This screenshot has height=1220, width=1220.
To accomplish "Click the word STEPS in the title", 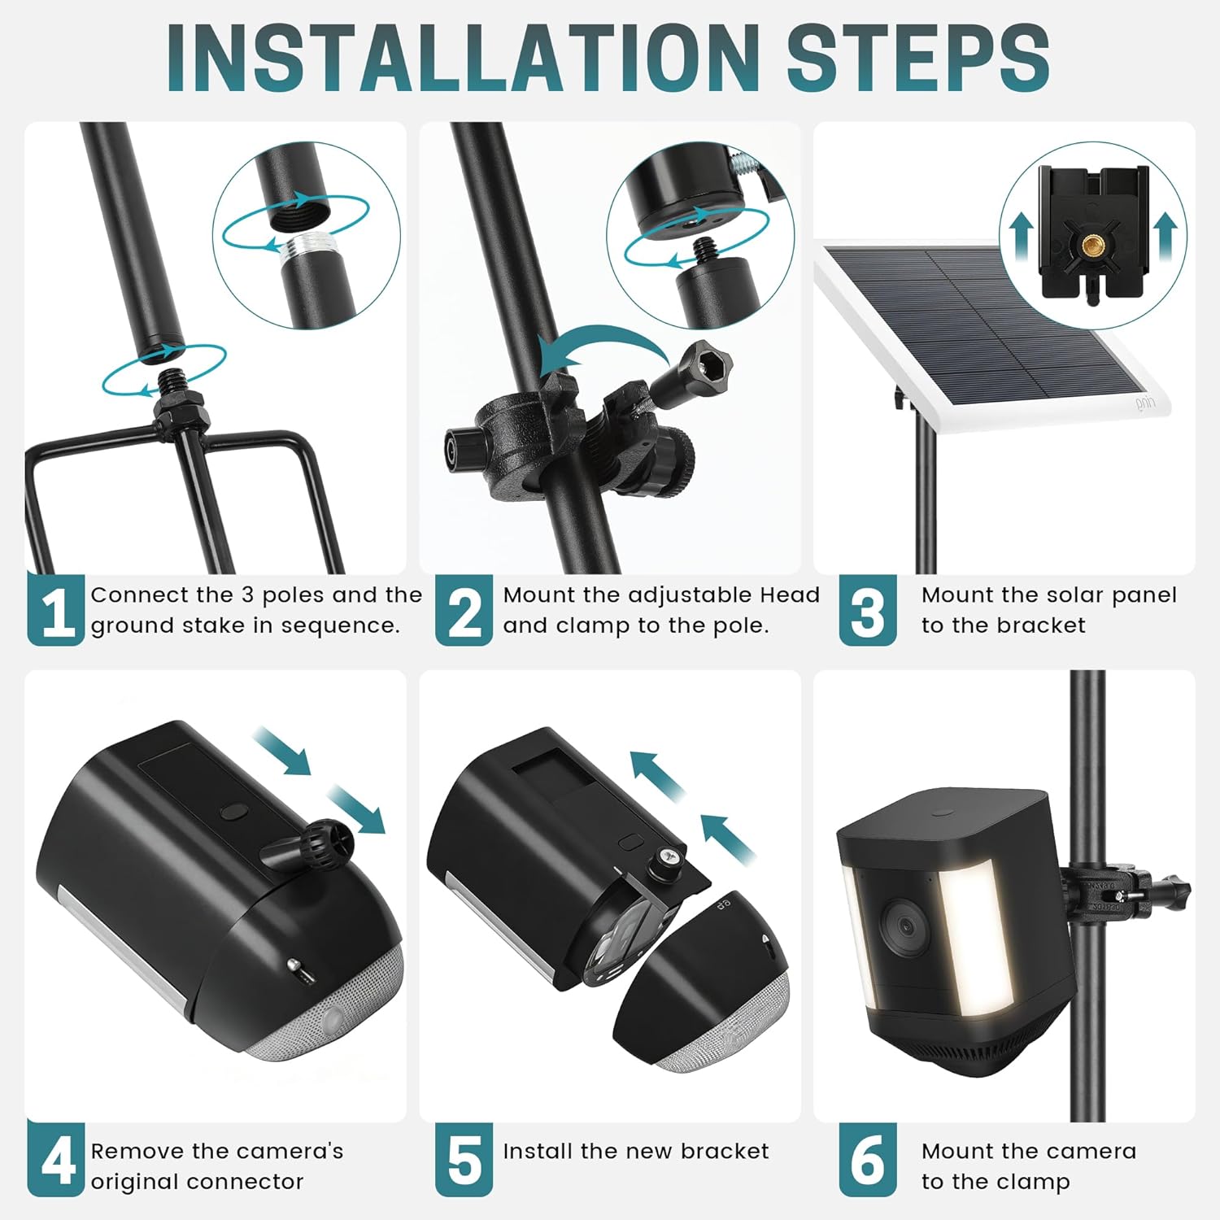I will pyautogui.click(x=917, y=59).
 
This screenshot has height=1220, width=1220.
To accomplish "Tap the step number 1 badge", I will pyautogui.click(x=55, y=611).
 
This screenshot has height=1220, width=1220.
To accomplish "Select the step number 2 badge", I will pyautogui.click(x=464, y=611).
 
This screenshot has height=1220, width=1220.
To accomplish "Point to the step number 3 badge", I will pyautogui.click(x=867, y=611).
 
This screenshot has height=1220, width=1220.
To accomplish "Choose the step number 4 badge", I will pyautogui.click(x=55, y=1159).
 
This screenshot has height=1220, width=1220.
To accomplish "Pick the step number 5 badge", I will pyautogui.click(x=464, y=1159).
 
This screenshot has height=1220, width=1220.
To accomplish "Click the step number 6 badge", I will pyautogui.click(x=867, y=1159).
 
